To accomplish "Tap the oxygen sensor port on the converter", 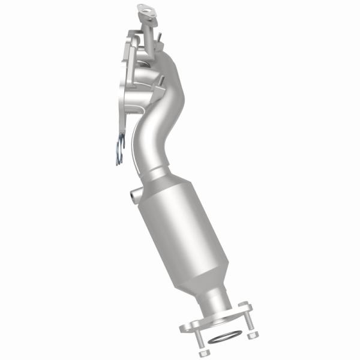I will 133,196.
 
